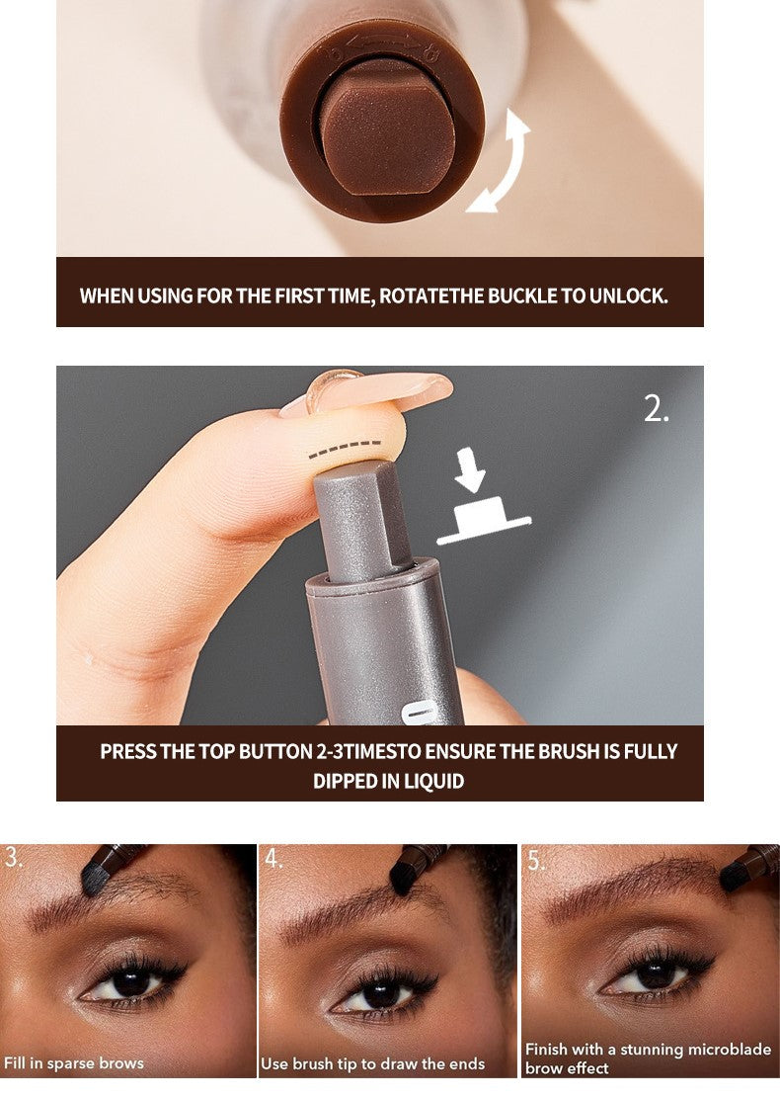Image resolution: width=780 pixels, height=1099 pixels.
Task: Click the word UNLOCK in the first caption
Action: click(x=628, y=296)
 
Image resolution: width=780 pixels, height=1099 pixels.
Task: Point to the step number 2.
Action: click(x=656, y=408)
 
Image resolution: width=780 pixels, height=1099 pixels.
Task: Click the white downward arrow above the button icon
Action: click(x=470, y=469)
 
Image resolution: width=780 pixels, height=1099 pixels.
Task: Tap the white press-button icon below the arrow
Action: click(x=483, y=520)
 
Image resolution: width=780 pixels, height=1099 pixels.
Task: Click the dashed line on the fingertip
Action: click(x=345, y=450)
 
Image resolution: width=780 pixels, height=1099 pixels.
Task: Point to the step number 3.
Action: click(x=13, y=858)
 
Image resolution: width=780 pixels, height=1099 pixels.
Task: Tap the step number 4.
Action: click(x=273, y=858)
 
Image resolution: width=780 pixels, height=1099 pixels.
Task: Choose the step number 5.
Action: click(x=536, y=860)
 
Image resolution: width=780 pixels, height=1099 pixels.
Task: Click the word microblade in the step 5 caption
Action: click(x=726, y=1050)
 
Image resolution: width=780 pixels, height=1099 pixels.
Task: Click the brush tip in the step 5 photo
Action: click(x=736, y=876)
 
